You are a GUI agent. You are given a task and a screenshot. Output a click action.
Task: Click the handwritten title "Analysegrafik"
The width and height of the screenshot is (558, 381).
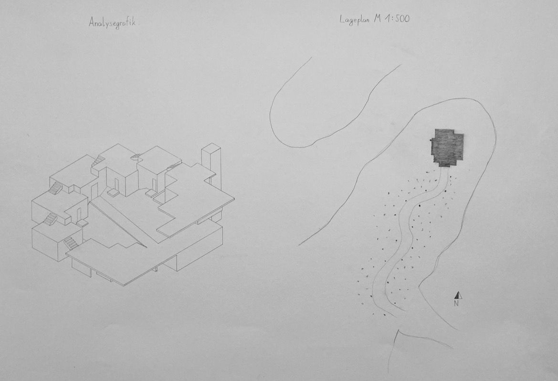point(112,23)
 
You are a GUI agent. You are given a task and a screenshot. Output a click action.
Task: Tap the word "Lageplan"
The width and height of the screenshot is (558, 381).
point(355,20)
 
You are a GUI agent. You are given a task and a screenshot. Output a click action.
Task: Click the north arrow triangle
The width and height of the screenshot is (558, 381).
point(458,295)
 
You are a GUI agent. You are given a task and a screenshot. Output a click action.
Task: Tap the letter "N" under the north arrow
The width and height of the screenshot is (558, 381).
point(456,304)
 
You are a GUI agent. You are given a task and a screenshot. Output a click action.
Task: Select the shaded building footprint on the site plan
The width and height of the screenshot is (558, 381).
point(447,147)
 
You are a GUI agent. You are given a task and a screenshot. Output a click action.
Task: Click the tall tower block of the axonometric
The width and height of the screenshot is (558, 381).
point(211,165)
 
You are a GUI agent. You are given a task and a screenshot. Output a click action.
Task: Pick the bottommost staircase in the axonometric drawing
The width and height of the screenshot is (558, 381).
point(71,243)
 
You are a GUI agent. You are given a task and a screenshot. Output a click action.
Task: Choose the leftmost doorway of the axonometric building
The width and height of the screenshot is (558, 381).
point(79,214)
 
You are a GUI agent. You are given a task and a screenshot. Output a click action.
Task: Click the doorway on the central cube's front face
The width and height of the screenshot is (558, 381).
point(116,184)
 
